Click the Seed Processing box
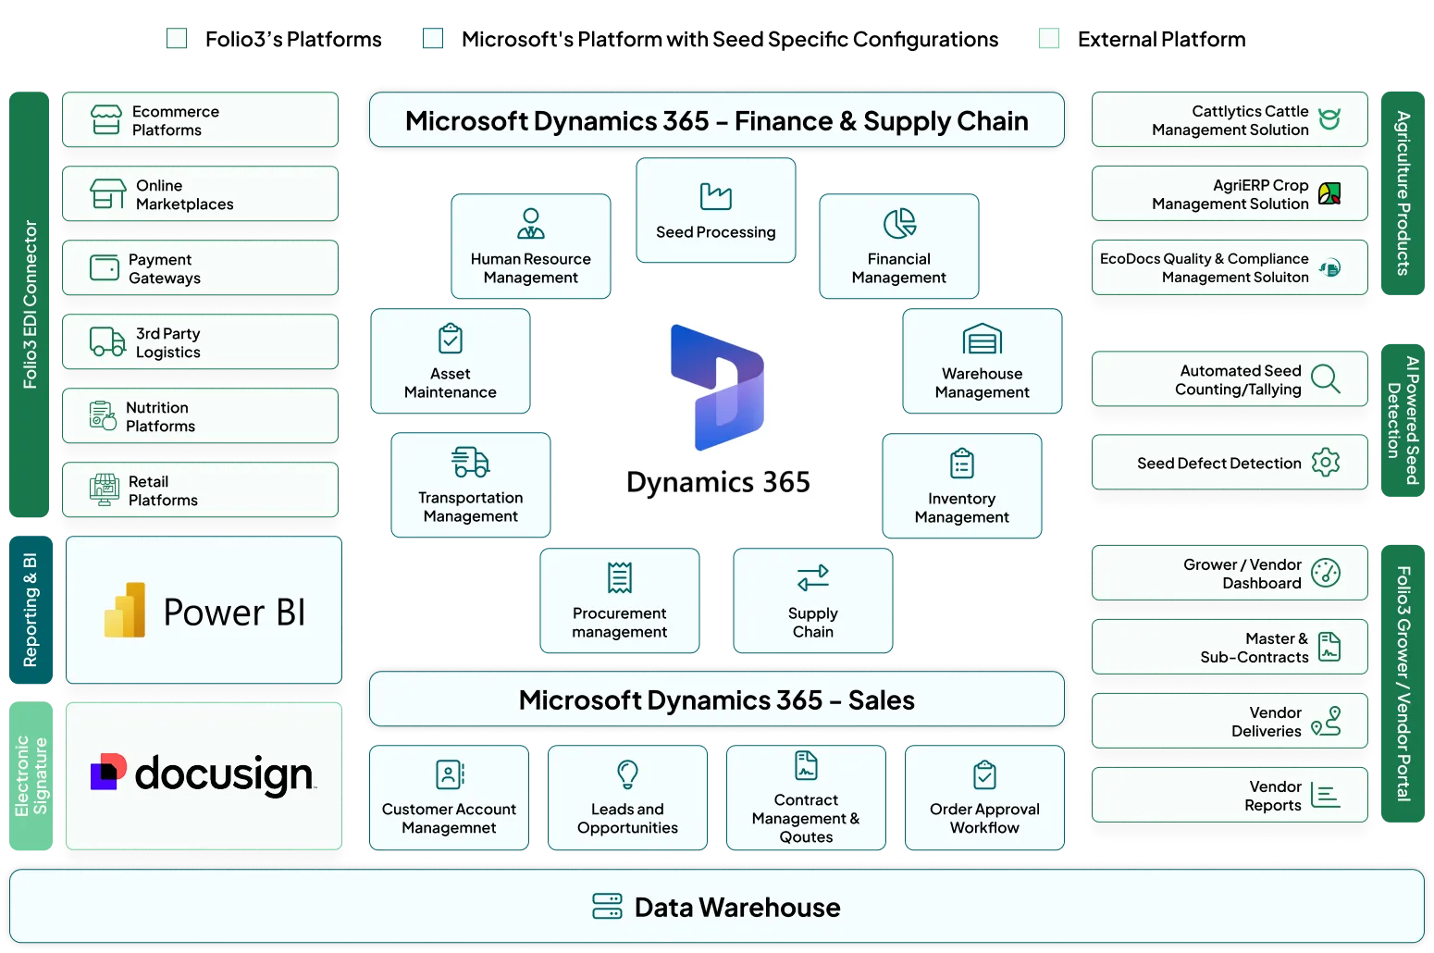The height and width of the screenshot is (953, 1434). [716, 212]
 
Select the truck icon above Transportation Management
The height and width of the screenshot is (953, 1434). [471, 462]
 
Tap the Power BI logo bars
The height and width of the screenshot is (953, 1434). [126, 611]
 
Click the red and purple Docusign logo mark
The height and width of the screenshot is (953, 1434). [108, 773]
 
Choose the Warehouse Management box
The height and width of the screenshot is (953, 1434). [982, 362]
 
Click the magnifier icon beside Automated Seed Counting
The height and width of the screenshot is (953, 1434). [1326, 378]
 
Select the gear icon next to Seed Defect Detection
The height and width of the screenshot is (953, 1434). [1326, 463]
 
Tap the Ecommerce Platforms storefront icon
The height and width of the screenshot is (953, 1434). [106, 120]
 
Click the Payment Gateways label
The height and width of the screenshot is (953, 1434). [165, 268]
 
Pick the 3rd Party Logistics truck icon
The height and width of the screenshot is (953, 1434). [107, 342]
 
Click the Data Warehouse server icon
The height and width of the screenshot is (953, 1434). [607, 907]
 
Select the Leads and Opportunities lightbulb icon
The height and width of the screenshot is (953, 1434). [627, 774]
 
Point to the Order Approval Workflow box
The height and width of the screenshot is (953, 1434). [984, 798]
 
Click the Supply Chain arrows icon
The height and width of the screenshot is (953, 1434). [813, 578]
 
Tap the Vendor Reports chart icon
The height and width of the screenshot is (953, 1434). [1326, 796]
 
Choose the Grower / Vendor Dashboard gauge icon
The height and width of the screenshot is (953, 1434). [1326, 574]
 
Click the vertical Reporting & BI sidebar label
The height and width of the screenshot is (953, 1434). [31, 611]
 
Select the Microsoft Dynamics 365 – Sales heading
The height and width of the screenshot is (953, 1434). [716, 700]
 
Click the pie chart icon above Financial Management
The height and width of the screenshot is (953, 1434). [899, 223]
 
